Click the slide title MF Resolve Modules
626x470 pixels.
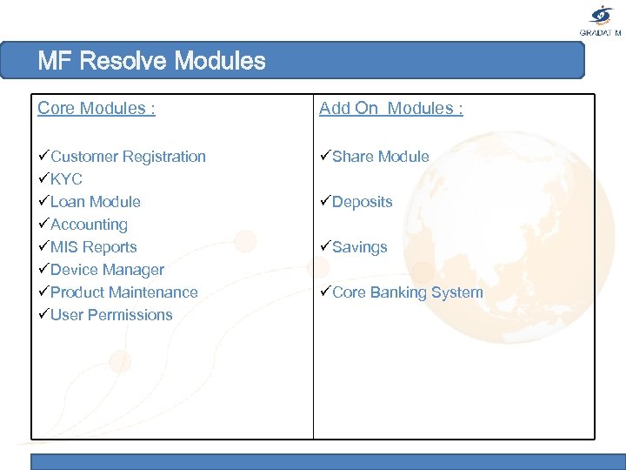click(151, 61)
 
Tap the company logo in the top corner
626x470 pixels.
click(602, 19)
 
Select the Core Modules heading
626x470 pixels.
click(97, 108)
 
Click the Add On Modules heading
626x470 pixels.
click(390, 108)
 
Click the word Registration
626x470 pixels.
click(164, 157)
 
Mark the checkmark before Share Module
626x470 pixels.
click(325, 157)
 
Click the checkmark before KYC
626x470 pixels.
click(43, 179)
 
